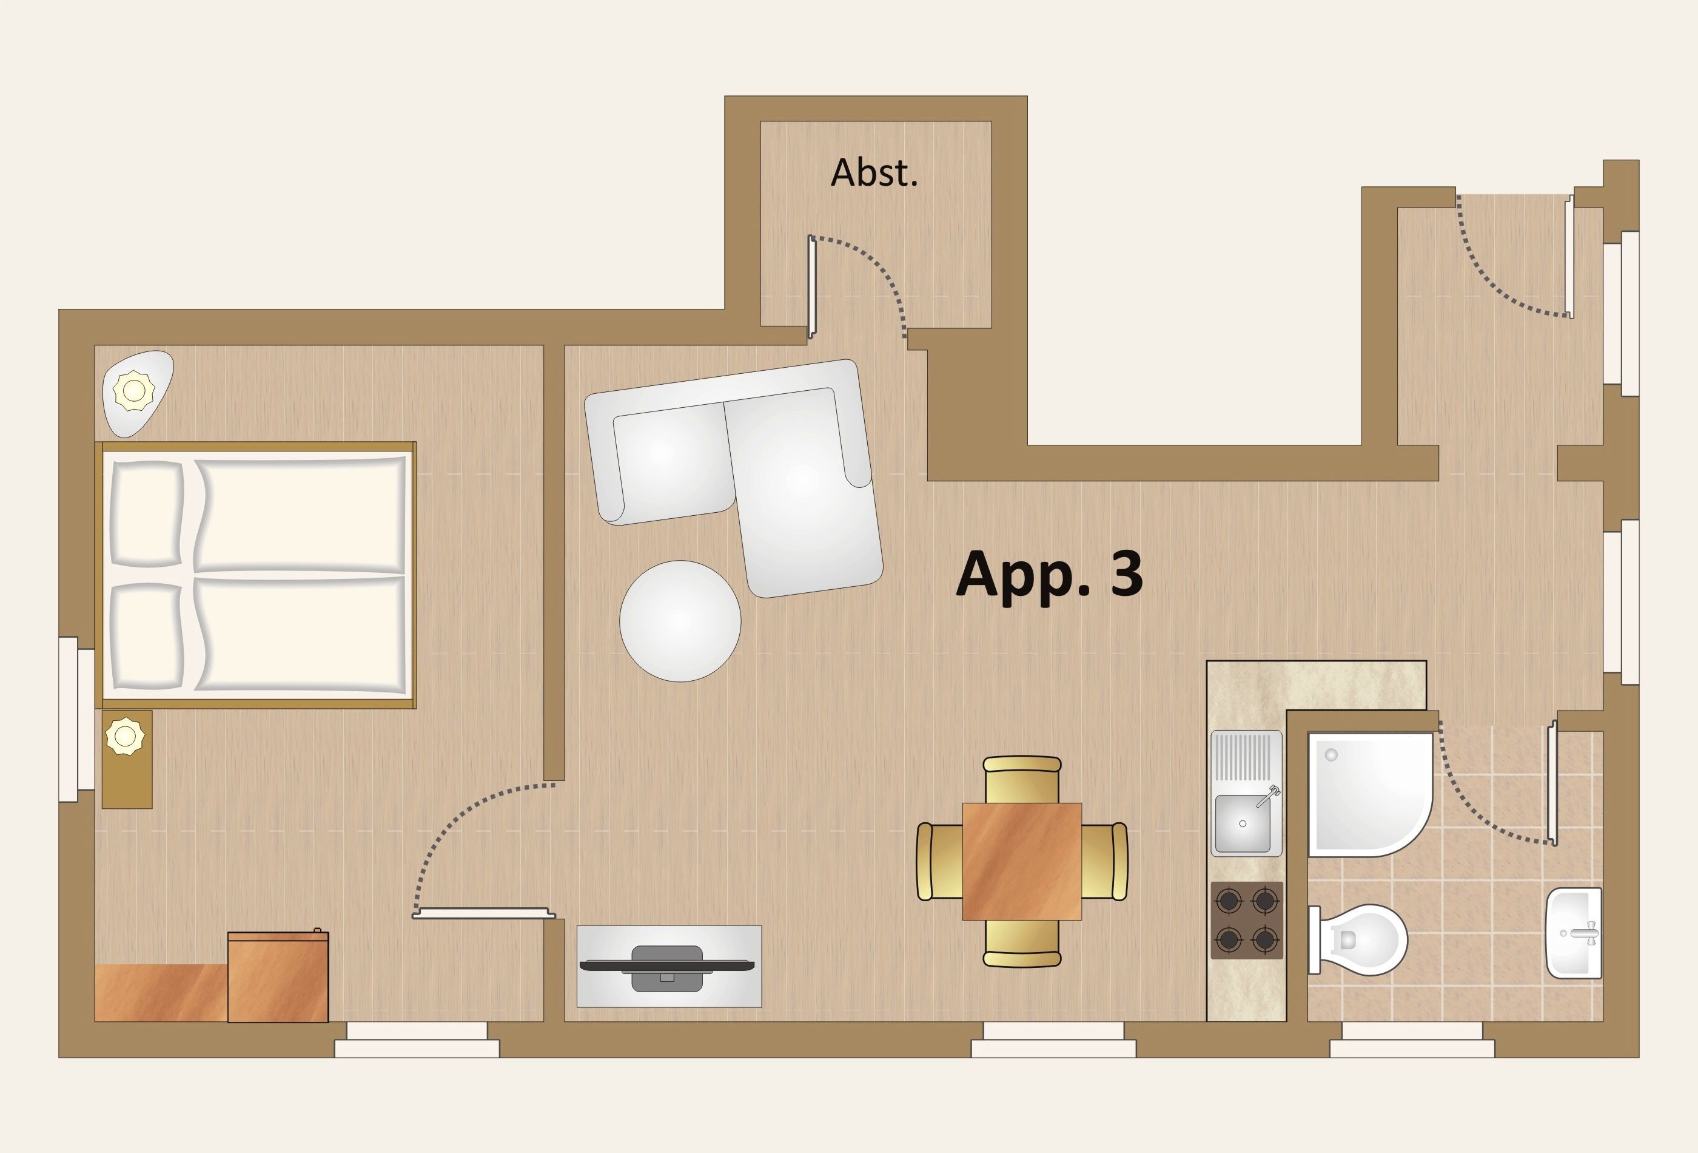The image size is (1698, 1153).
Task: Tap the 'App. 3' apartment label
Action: click(x=1049, y=575)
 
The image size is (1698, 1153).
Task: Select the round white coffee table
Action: click(x=680, y=621)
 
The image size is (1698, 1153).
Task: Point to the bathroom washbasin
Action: click(x=1574, y=933)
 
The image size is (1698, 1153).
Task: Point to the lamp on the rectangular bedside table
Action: click(x=126, y=736)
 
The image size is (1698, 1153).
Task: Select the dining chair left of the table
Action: click(x=939, y=861)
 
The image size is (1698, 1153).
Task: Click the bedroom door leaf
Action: click(x=484, y=913)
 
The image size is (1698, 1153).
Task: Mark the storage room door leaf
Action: click(x=811, y=287)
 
